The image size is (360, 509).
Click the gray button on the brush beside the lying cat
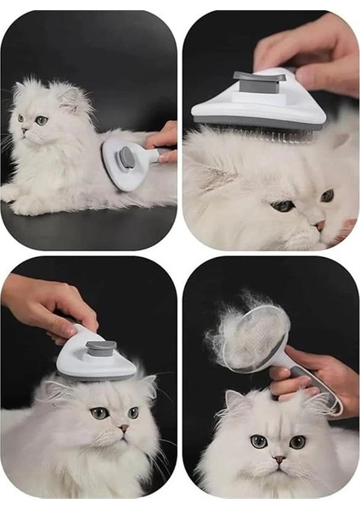coord(126,157)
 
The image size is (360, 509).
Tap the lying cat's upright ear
coord(76,98)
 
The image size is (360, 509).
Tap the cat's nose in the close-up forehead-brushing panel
coord(319,225)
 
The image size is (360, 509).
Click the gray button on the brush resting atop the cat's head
coord(100,347)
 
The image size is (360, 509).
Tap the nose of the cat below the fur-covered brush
coord(278,459)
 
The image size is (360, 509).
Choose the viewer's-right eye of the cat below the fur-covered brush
coord(297,441)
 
